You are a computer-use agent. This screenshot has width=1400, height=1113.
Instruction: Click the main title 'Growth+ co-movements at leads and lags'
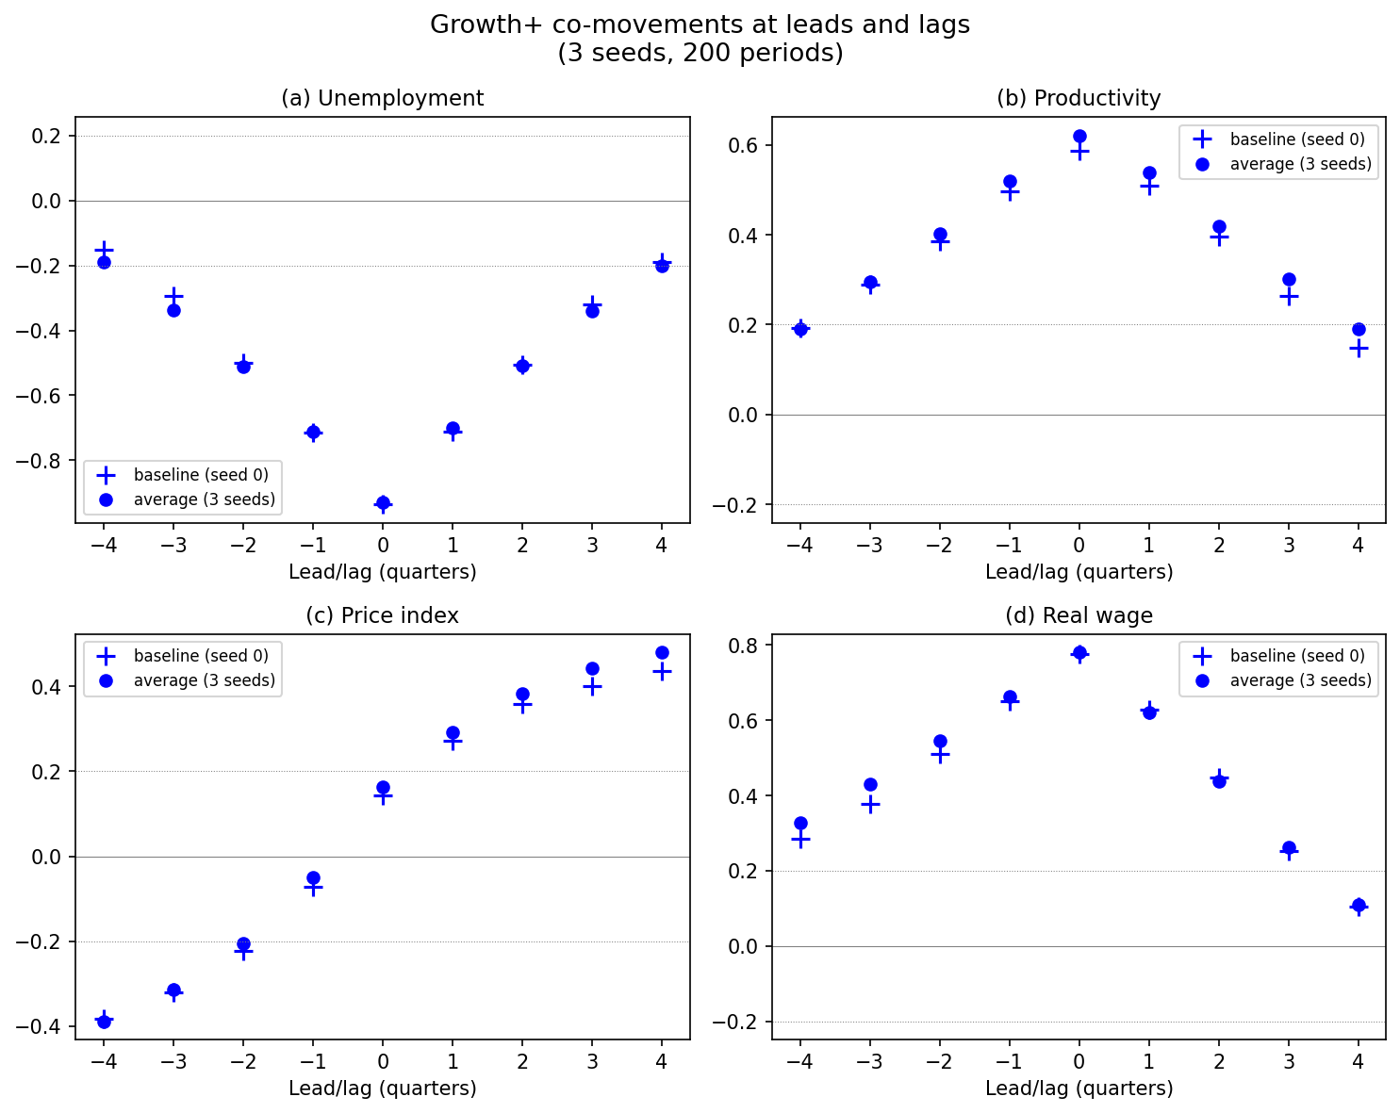pos(700,25)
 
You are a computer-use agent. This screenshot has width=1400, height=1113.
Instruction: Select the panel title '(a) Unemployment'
pos(382,98)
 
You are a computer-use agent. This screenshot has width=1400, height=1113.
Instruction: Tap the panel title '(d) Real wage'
pos(1079,615)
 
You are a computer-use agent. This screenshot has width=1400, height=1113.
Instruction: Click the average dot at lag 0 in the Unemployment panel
pos(383,503)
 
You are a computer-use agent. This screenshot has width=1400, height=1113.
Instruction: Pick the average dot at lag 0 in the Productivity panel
pos(1079,137)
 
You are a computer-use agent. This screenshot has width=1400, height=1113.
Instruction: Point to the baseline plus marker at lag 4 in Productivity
pos(1359,348)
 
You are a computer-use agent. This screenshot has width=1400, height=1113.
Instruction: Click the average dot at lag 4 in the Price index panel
pos(662,652)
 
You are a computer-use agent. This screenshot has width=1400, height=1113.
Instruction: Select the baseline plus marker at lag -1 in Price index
pos(313,887)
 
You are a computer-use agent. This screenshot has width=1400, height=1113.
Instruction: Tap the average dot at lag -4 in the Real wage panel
pos(800,823)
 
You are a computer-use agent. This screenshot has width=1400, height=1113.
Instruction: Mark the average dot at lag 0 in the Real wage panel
pos(1079,652)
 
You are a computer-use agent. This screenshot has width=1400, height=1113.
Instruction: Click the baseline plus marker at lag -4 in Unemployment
pos(104,250)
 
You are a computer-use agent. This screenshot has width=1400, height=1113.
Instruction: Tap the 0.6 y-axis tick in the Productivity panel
pos(746,146)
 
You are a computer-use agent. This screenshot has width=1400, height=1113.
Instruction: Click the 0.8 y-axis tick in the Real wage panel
pos(746,646)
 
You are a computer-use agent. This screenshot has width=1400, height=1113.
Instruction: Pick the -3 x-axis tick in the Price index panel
pos(173,1063)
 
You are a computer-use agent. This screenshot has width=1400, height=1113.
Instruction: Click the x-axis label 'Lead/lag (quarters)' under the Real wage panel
pos(1079,1088)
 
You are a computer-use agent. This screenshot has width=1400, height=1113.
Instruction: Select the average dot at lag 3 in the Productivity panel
pos(1289,279)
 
